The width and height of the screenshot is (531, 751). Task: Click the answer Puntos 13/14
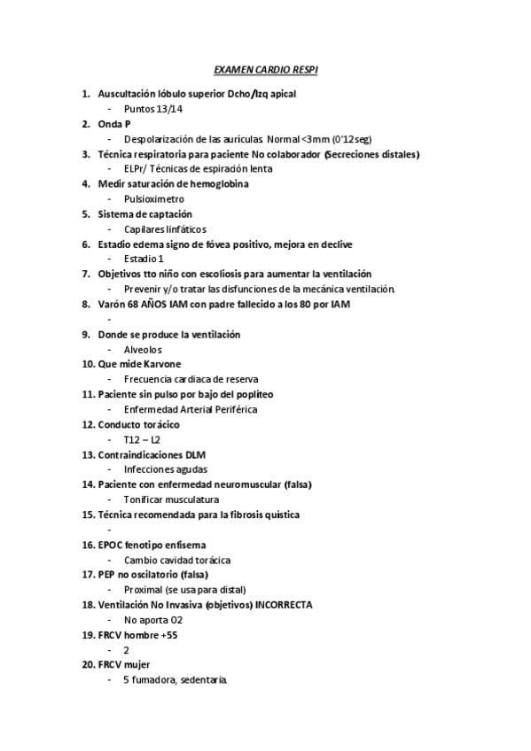[153, 108]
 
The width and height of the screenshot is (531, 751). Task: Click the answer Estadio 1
[144, 259]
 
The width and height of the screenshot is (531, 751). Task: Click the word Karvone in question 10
[160, 364]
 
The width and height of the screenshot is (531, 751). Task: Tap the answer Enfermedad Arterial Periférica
[191, 409]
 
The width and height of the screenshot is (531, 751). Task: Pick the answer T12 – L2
[143, 439]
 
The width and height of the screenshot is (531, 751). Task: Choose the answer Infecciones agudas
[166, 469]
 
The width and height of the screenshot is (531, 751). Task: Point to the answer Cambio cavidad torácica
[177, 560]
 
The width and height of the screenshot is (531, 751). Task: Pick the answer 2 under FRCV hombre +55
[128, 650]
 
